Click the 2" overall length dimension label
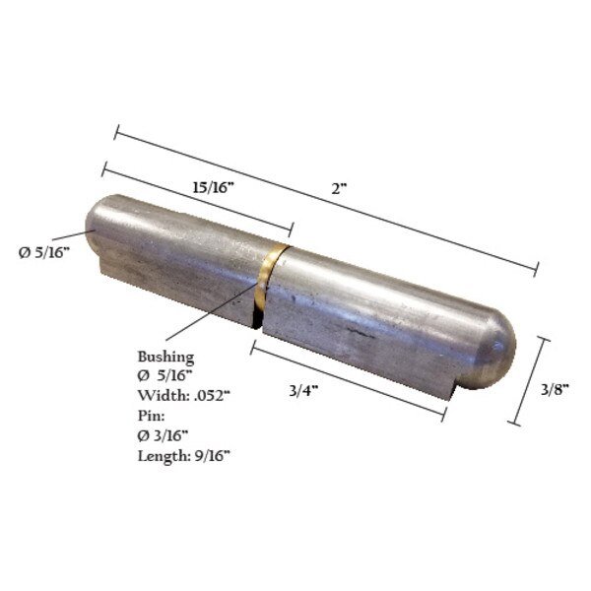pyautogui.click(x=340, y=188)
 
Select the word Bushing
pyautogui.click(x=166, y=356)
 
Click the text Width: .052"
pyautogui.click(x=190, y=396)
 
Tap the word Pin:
pyautogui.click(x=153, y=416)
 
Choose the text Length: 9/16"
pyautogui.click(x=188, y=455)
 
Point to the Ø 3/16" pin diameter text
pyautogui.click(x=176, y=435)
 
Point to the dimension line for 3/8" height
pyautogui.click(x=529, y=379)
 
